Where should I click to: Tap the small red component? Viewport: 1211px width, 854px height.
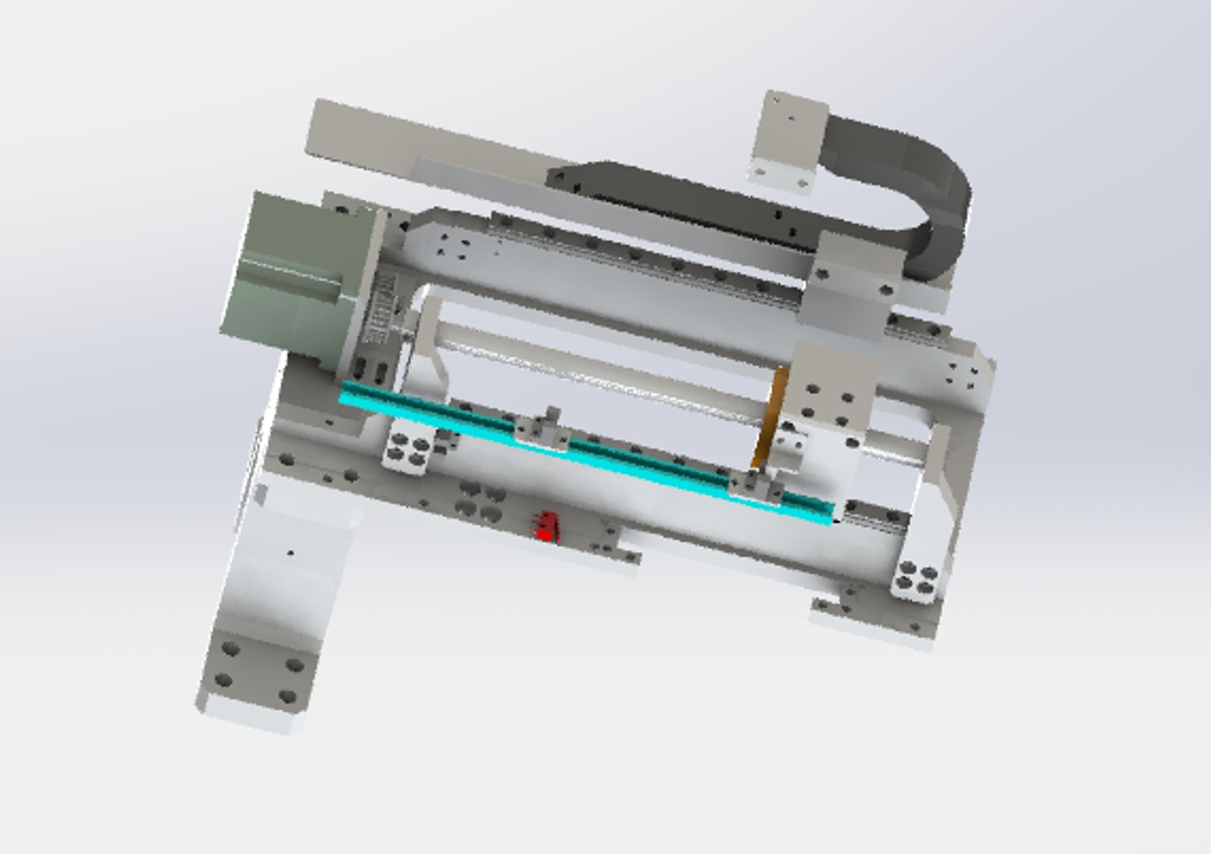point(546,527)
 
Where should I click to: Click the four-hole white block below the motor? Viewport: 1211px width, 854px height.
point(407,448)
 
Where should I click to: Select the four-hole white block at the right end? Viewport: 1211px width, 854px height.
point(914,579)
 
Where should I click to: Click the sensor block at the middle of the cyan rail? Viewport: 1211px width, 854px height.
point(543,429)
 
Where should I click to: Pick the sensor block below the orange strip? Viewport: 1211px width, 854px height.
point(756,486)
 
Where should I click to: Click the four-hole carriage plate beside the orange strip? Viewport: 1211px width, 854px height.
point(827,403)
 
